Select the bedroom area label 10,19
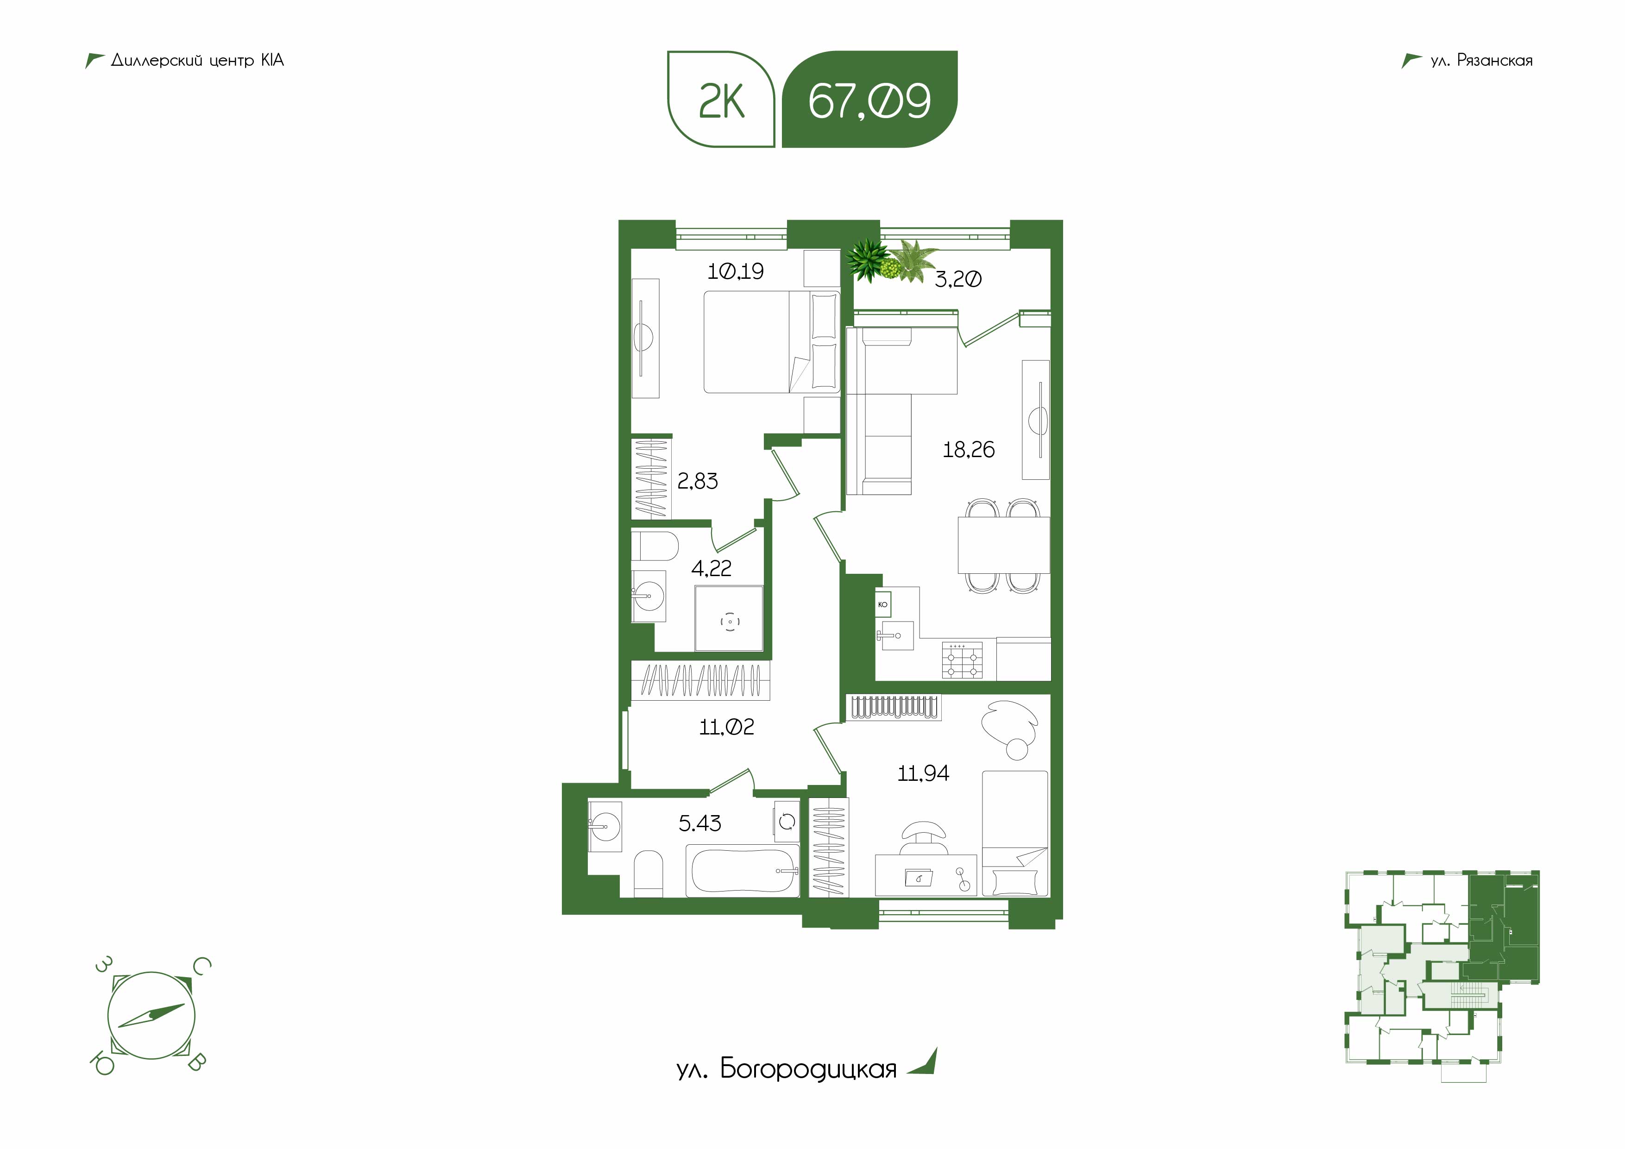[x=735, y=271]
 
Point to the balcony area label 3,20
[x=957, y=279]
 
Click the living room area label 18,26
[x=968, y=449]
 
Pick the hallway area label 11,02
[x=726, y=727]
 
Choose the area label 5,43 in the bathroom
[x=699, y=823]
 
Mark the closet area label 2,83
[x=697, y=481]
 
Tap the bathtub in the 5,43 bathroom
[x=743, y=870]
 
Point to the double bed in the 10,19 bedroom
[x=771, y=342]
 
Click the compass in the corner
[x=151, y=1015]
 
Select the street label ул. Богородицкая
[x=786, y=1069]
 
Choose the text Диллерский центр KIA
[x=197, y=60]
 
